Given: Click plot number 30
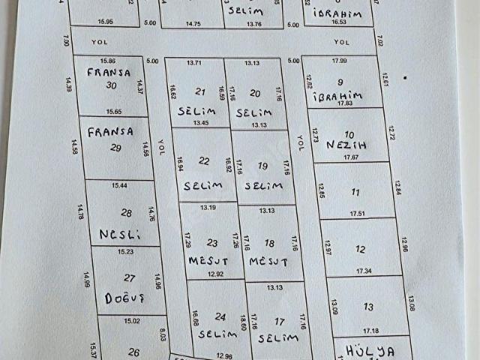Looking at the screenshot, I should point(112,85).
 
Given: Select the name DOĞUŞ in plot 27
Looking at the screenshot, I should point(124,297).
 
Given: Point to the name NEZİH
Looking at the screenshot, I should point(345,145).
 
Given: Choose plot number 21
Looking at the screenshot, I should point(200,91).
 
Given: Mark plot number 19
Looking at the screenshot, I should point(262,166).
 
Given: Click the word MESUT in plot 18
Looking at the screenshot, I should point(268,261).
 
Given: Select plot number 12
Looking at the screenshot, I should point(361,249).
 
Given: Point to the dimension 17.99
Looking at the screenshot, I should point(339,61).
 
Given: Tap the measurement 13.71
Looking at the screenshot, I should point(195,62).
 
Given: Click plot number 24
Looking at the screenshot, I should point(220,316).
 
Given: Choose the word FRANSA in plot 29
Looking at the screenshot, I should point(110,131).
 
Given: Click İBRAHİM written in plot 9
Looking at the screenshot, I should point(339,95).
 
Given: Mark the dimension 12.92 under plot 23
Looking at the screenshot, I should point(214,274).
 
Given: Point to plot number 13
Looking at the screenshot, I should point(368,306).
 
